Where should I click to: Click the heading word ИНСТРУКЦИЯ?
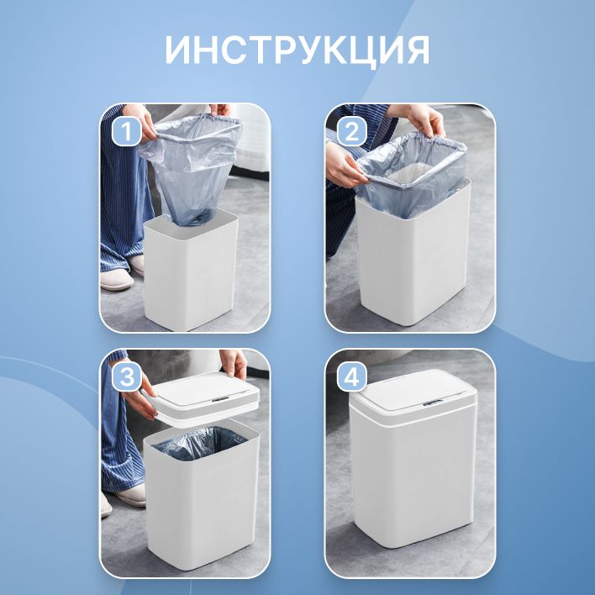point(297,50)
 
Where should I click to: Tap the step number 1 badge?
point(127,132)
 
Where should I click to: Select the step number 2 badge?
point(352,132)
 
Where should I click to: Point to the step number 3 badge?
point(127,377)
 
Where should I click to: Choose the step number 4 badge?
point(352,377)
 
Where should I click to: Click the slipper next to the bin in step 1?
point(117,280)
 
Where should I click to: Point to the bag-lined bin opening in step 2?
point(412,175)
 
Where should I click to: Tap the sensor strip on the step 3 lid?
point(220,399)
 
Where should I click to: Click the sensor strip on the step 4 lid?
point(433,403)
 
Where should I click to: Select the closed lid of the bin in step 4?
point(413,395)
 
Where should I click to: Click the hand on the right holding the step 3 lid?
point(234,362)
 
